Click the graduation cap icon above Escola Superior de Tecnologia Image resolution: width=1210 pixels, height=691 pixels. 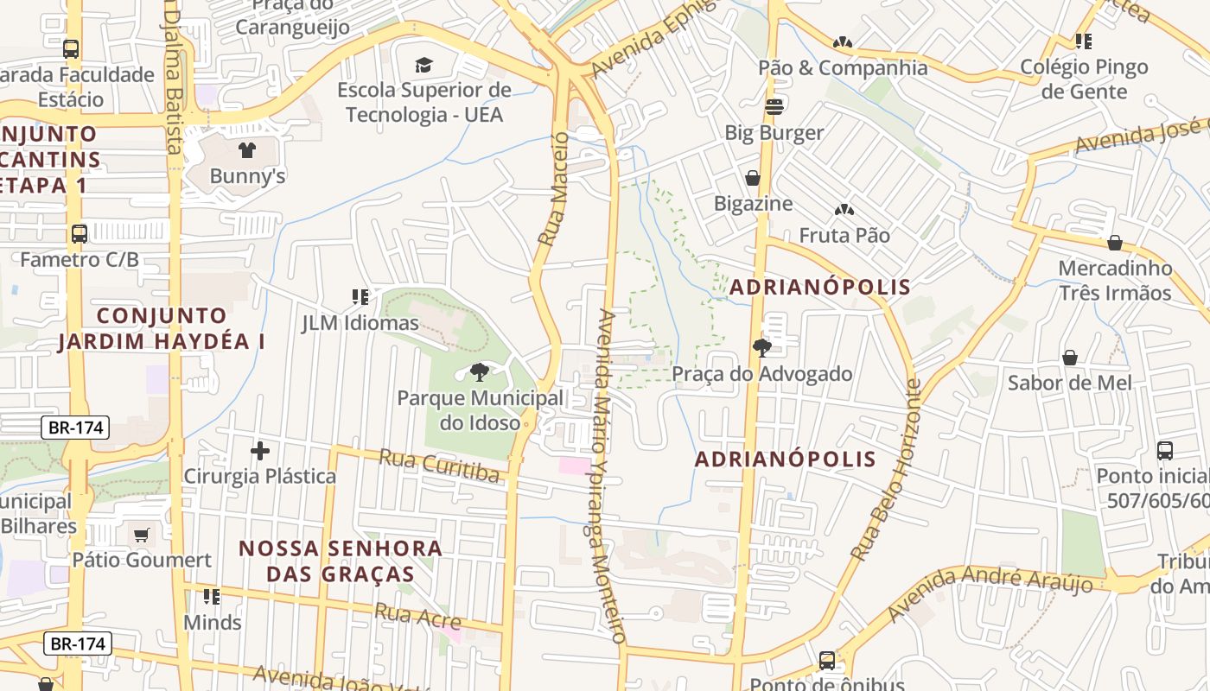coord(423,65)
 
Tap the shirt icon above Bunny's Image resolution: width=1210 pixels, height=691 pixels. coord(247,150)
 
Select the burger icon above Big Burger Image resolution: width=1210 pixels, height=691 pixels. coord(774,107)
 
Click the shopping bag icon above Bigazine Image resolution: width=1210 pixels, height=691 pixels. coord(753,178)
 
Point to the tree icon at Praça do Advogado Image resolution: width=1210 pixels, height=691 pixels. coord(761,348)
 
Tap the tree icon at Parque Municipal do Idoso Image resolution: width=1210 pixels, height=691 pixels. coord(479,372)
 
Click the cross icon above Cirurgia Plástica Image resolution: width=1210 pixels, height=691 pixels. coord(259,450)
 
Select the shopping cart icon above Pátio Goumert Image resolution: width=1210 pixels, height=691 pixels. coord(141,535)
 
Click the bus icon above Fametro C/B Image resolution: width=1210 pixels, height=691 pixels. coord(79,233)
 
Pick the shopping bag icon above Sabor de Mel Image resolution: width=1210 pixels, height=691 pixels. coord(1069,357)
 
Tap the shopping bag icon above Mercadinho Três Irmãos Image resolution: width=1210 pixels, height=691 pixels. coord(1115,243)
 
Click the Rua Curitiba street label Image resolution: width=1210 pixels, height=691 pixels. coord(439,466)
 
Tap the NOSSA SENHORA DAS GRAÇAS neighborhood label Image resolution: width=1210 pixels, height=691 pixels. coord(340,561)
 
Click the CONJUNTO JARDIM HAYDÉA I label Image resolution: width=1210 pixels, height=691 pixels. coord(162,328)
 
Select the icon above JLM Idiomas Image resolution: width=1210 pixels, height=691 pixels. coord(360,298)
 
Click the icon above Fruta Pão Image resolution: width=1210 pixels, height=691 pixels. coord(843,210)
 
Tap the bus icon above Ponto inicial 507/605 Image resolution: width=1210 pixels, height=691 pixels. coord(1164,450)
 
